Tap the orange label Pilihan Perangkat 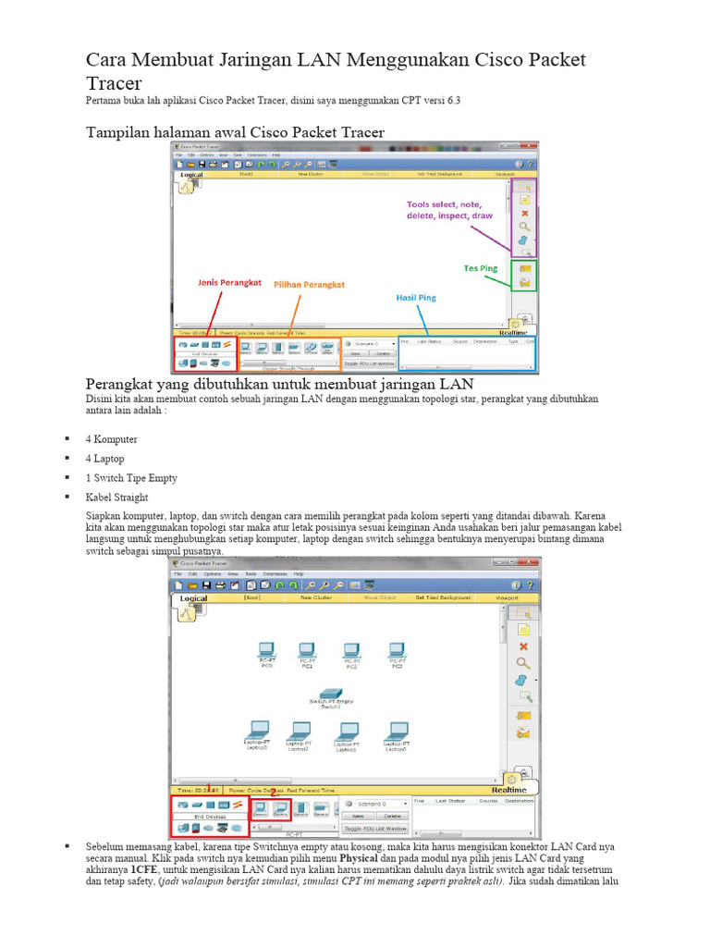[308, 284]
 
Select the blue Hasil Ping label [415, 298]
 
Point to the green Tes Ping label [480, 268]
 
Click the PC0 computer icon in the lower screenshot [266, 650]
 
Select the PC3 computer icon [397, 651]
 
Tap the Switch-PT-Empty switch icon [330, 693]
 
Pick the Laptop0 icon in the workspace [347, 732]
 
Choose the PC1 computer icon [307, 651]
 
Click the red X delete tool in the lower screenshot [523, 646]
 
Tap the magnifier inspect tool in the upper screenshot [524, 227]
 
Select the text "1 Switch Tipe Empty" [130, 478]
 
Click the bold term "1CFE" [143, 870]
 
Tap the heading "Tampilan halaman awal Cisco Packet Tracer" [235, 132]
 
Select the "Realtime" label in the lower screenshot [509, 791]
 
